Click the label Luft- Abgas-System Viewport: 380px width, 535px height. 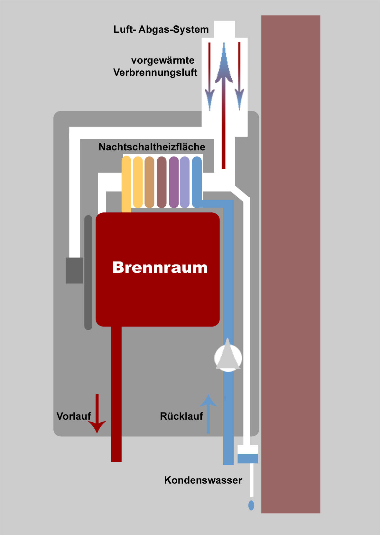(161, 30)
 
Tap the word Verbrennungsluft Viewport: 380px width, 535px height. (155, 73)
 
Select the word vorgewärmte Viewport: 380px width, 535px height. (163, 60)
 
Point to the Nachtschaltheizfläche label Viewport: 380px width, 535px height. (152, 147)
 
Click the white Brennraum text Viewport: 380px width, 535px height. (160, 267)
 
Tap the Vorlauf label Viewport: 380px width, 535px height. (74, 416)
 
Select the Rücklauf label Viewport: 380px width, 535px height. (181, 416)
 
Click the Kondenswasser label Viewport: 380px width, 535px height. (203, 480)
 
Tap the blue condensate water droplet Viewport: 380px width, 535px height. (251, 505)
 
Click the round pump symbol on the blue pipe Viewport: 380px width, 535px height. (228, 357)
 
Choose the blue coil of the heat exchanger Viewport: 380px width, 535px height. (197, 182)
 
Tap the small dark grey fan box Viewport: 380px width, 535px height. (74, 270)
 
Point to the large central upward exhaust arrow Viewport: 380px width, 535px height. (224, 106)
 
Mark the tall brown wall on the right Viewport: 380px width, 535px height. (291, 263)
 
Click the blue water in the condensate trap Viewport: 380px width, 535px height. (247, 458)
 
